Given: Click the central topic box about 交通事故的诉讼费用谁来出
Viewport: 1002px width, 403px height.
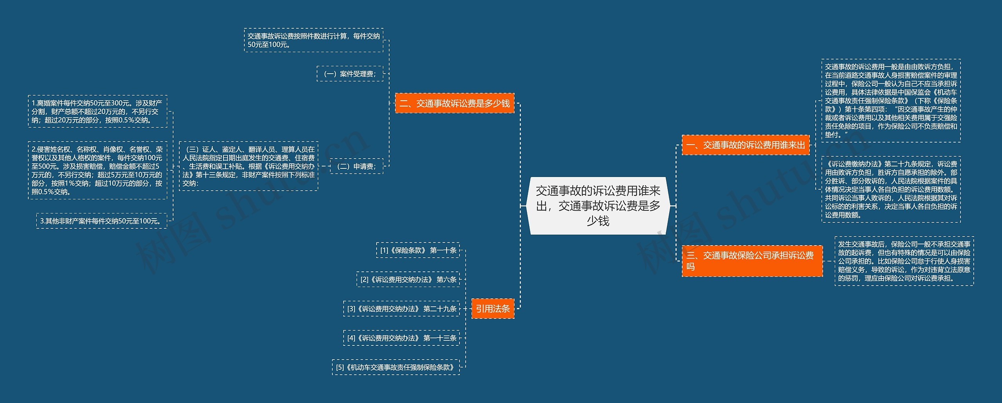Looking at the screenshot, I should coord(598,206).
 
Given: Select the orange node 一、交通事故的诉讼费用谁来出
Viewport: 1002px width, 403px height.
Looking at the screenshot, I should coord(745,145).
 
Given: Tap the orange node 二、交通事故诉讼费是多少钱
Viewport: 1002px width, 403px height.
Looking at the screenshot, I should coord(454,103).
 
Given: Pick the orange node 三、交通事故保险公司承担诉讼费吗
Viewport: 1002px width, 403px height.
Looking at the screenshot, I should coord(751,261).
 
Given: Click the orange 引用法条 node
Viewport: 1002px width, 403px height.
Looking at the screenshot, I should coord(492,309).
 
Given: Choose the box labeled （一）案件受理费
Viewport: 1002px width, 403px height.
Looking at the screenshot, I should coord(350,74).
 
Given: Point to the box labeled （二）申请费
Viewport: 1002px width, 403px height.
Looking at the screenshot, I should coord(357,166).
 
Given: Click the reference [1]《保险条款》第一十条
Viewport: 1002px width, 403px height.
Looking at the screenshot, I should coord(418,250).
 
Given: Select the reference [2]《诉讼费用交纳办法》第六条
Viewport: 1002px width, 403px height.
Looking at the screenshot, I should coord(408,279).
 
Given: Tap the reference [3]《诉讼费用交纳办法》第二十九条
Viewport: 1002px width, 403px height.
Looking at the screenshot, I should coord(401,309).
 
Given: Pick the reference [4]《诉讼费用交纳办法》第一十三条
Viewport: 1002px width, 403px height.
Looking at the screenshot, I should coord(401,338).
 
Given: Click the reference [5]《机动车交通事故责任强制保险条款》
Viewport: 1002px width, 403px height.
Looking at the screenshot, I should coord(396,367).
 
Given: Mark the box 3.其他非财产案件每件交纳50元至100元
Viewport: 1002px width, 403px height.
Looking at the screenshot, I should coord(101,221).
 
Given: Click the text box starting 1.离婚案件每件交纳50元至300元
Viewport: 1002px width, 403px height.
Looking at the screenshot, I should coord(97,111).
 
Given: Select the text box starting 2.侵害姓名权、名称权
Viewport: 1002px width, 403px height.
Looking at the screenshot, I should coord(97,170).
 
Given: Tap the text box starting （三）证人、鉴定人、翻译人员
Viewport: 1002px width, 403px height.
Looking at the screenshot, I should coord(249,166).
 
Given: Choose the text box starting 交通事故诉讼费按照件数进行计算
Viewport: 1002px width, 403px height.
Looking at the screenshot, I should coord(314,40).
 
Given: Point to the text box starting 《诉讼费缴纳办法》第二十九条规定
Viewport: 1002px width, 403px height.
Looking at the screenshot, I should coord(891,190).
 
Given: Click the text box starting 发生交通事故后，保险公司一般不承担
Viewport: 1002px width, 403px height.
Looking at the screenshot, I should coord(904,261).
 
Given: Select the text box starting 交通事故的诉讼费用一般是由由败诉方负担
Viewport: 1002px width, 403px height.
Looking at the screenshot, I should coord(891,101).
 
